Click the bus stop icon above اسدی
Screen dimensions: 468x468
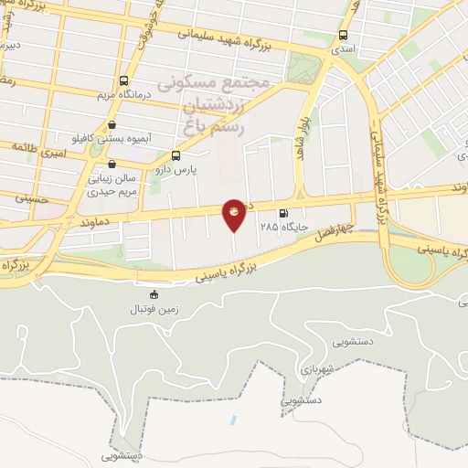343,35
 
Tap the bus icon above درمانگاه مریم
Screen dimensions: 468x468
124,80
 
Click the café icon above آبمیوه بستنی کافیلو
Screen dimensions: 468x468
112,125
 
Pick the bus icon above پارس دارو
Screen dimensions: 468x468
175,155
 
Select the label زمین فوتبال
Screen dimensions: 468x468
153,310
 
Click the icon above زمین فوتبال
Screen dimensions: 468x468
153,294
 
